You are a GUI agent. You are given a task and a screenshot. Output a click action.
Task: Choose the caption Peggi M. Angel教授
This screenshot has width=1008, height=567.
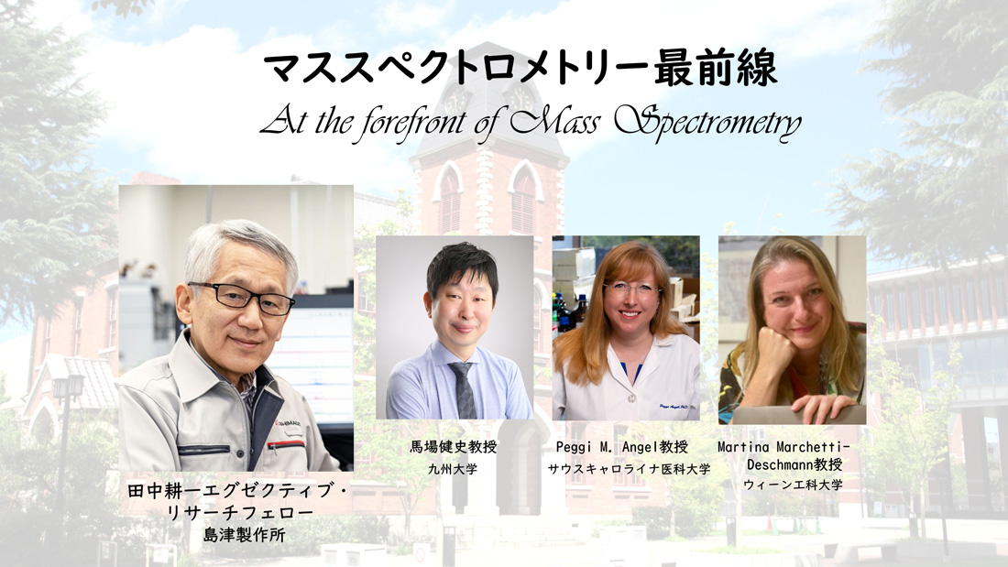point(621,448)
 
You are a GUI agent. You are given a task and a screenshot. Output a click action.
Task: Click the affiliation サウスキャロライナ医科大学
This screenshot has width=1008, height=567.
point(629,469)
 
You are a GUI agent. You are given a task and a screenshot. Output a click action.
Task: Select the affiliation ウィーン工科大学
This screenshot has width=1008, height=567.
point(794,485)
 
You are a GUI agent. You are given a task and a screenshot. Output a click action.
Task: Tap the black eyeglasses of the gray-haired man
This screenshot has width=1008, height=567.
point(240,297)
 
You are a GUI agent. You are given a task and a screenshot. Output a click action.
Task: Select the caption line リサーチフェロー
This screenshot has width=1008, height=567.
point(238,514)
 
